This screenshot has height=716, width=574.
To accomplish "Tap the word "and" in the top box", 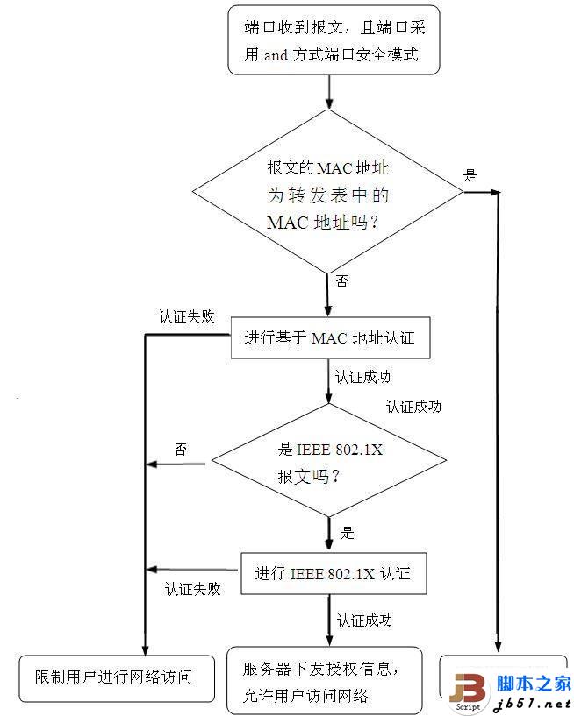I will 276,54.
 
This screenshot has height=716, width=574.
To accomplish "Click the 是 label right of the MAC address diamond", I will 470,175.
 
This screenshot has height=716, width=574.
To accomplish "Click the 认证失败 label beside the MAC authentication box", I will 186,317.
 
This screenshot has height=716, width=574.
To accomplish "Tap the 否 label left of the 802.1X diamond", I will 181,450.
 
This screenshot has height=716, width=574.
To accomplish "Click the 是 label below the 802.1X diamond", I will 347,532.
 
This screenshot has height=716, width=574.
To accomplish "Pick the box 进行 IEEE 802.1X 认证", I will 333,574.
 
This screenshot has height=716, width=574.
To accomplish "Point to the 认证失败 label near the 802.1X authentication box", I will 192,589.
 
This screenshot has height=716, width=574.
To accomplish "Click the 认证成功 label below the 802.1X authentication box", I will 364,620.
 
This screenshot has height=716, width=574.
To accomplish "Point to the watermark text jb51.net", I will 534,704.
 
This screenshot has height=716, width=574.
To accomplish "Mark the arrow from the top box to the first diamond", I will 329,92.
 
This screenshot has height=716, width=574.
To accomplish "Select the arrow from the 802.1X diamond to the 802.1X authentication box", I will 329,531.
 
